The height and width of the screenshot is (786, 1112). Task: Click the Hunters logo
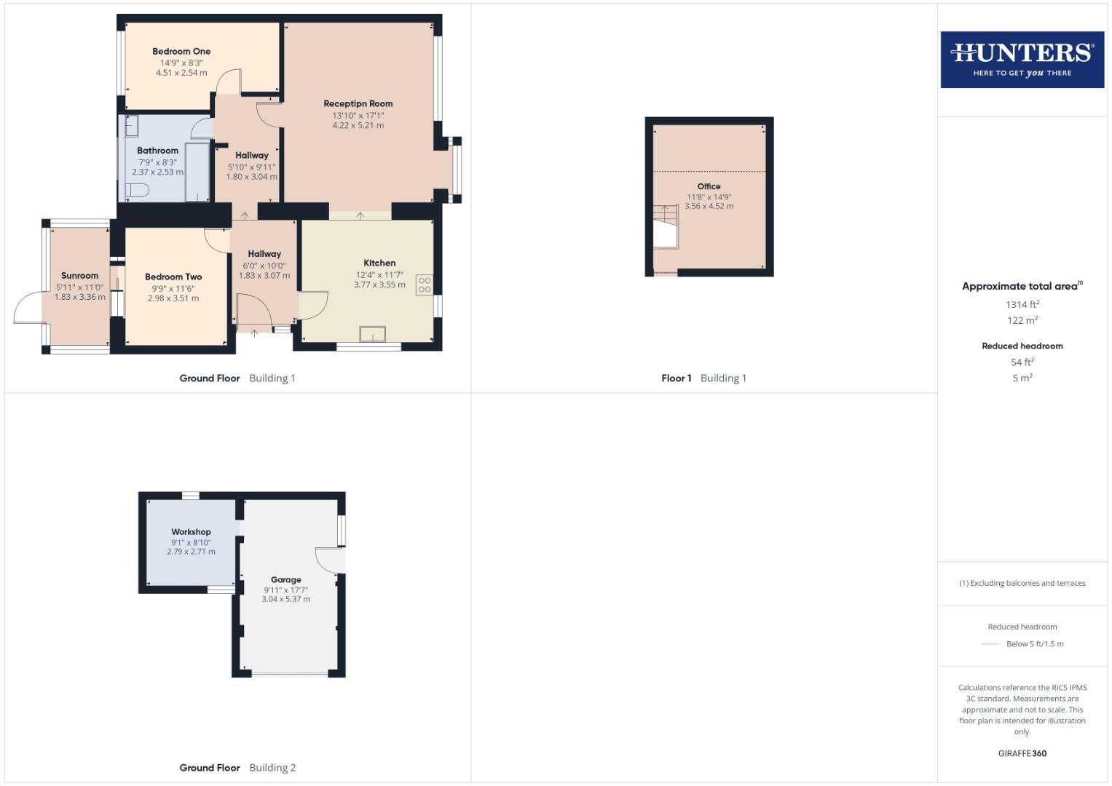click(x=1022, y=59)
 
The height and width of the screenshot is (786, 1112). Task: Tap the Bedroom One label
click(x=181, y=52)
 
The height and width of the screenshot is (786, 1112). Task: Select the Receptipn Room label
click(x=358, y=104)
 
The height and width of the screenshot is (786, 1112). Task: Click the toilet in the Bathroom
click(x=137, y=190)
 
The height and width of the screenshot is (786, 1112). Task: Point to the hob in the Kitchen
click(x=424, y=285)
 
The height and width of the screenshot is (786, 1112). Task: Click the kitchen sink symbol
click(x=373, y=334)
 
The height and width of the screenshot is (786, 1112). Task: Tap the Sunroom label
click(x=79, y=276)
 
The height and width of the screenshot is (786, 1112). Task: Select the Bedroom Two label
click(x=173, y=277)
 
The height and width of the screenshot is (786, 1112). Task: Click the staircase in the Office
click(x=665, y=226)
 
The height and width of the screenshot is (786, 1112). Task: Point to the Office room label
click(x=709, y=186)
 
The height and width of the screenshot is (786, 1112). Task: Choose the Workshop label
click(x=191, y=532)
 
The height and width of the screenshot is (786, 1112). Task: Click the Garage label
click(x=285, y=580)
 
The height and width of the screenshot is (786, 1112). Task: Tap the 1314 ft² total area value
click(x=1022, y=305)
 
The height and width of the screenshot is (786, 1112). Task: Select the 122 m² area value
click(x=1022, y=321)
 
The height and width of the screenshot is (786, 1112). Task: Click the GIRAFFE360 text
click(x=1022, y=753)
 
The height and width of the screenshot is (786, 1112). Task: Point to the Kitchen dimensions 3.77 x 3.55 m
click(x=379, y=285)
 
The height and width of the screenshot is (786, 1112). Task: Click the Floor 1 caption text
click(x=676, y=378)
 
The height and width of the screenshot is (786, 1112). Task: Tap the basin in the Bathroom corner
click(x=133, y=127)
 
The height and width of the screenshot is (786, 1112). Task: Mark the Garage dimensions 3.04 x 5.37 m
click(x=285, y=600)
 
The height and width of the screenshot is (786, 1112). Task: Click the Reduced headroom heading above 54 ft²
click(x=1022, y=346)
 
